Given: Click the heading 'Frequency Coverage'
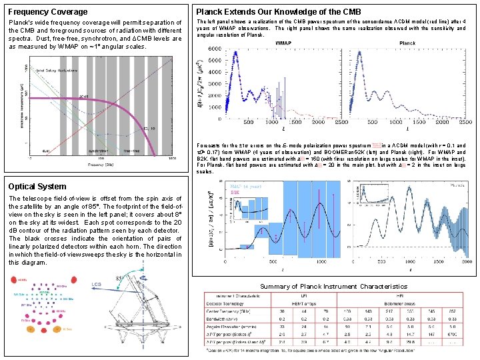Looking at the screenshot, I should click(x=47, y=11).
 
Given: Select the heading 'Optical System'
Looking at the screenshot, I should click(x=37, y=187).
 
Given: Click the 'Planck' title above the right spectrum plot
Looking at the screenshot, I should click(x=407, y=42).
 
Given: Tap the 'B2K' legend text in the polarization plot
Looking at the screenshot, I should click(x=235, y=192).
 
